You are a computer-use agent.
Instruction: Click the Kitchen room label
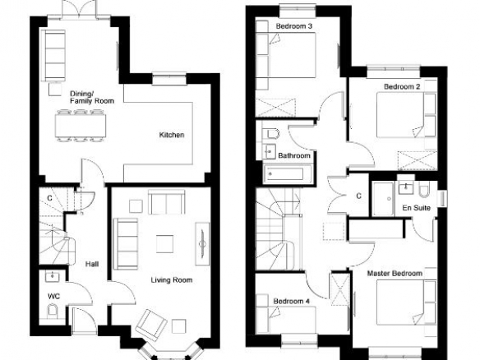tap(172, 135)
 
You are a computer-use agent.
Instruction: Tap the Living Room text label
tap(172, 280)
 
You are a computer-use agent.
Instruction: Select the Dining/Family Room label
tap(92, 97)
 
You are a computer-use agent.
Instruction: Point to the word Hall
tap(92, 264)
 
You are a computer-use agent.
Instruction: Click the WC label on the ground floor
tap(54, 297)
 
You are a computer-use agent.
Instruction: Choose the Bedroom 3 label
tap(294, 26)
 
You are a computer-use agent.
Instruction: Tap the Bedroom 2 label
tap(402, 86)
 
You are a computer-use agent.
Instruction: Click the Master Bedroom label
tap(395, 274)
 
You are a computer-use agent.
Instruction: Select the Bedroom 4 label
tap(292, 301)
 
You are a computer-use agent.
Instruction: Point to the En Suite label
tap(417, 208)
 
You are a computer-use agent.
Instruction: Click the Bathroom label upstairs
tap(294, 155)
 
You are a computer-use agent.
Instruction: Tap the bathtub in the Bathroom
tap(287, 174)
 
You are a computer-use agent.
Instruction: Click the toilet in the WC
tap(53, 311)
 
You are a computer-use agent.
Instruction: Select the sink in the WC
tap(52, 276)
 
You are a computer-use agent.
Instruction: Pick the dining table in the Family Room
tap(81, 126)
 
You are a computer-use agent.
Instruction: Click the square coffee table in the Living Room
tap(164, 244)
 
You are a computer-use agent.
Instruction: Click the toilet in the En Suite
tap(425, 190)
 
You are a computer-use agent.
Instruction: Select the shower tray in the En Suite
tap(383, 199)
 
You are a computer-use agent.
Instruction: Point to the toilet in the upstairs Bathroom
tap(272, 134)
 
